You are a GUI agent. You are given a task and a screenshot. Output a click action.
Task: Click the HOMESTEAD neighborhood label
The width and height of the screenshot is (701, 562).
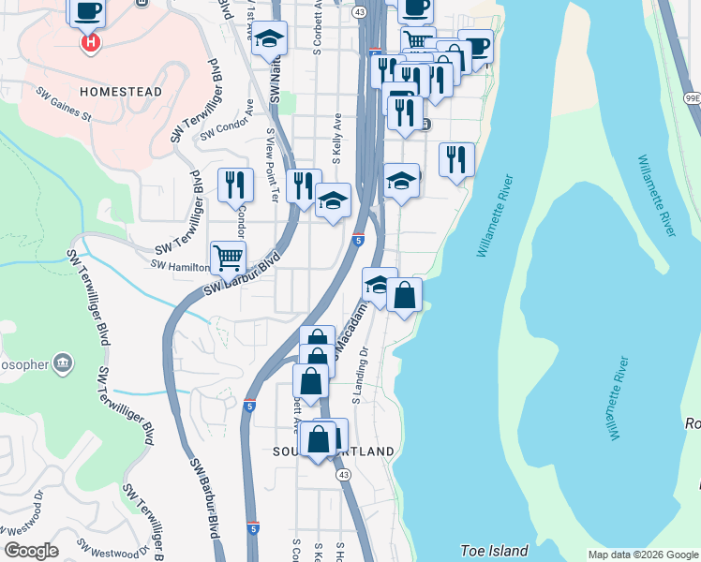click(x=121, y=92)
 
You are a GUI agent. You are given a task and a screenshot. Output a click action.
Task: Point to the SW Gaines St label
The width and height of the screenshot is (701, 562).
click(x=64, y=105)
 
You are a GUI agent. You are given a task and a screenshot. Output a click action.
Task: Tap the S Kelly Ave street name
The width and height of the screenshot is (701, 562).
click(x=336, y=136)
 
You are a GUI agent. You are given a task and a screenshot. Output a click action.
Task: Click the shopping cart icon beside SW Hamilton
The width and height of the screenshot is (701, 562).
click(x=228, y=257)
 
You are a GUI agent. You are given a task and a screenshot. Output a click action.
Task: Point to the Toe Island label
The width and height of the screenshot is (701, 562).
click(x=494, y=551)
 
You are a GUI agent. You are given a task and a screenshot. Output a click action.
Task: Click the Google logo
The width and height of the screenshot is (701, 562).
click(x=31, y=551)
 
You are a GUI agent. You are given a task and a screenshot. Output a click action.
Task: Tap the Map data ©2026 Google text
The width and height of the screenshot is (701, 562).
click(x=642, y=555)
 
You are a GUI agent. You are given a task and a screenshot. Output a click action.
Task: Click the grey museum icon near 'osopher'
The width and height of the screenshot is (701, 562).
click(x=63, y=362)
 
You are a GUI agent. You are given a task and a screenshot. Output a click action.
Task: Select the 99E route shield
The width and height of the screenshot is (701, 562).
click(x=692, y=97)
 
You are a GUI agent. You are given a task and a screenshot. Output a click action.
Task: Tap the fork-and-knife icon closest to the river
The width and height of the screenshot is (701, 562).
click(x=456, y=159)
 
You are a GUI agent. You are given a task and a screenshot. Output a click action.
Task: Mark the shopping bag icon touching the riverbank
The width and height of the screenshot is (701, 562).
click(x=405, y=296)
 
